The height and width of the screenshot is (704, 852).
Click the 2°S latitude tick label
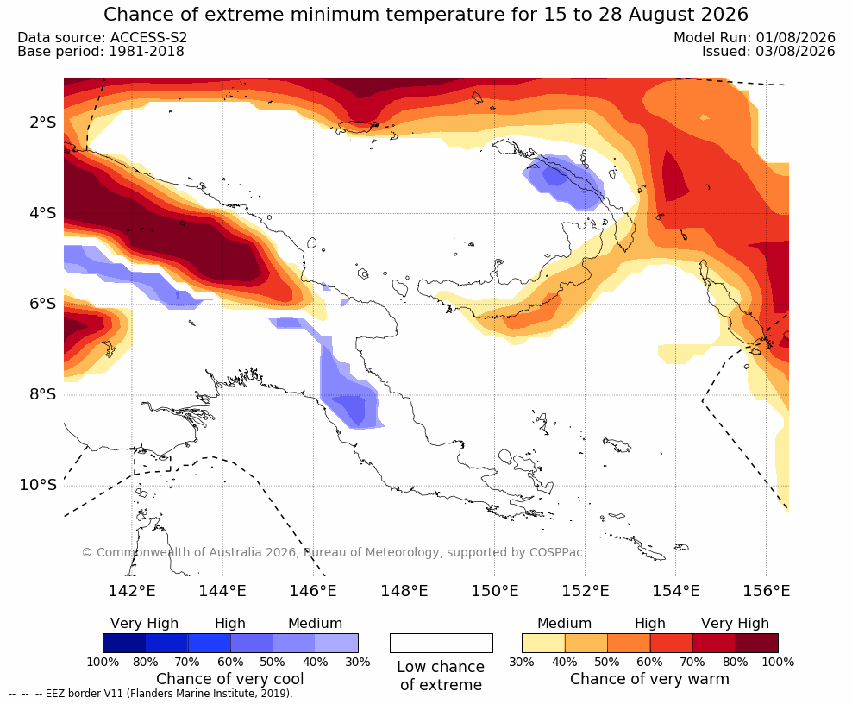(42, 123)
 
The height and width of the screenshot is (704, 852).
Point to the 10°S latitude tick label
(38, 485)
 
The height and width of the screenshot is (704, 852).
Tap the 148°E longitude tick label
(404, 590)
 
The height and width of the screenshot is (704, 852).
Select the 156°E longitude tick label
(766, 590)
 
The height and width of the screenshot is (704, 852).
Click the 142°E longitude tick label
(132, 590)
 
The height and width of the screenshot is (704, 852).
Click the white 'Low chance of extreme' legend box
(442, 643)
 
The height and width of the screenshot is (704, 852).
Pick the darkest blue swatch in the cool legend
(124, 643)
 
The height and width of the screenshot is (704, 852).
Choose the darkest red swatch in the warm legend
(757, 643)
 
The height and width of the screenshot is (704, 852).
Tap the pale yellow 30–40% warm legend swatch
(543, 643)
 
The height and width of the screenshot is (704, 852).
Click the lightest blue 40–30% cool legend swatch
(337, 643)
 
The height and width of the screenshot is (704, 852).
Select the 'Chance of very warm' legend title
(649, 679)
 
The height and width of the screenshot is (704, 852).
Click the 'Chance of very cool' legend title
(230, 679)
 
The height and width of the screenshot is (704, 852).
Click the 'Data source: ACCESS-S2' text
(102, 37)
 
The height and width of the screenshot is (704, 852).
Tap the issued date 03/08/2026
(795, 51)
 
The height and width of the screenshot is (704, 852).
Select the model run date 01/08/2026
(795, 37)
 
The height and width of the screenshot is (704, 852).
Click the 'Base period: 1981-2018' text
(101, 52)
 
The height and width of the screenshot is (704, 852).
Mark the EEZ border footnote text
(151, 694)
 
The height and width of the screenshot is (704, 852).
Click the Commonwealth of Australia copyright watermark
(332, 552)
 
